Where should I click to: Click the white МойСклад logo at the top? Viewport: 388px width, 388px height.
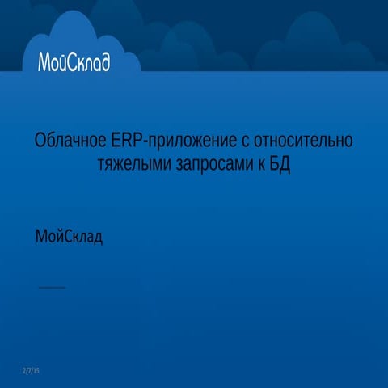click(74, 61)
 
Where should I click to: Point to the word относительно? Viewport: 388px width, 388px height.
click(303, 141)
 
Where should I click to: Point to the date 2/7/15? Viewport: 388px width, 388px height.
click(32, 370)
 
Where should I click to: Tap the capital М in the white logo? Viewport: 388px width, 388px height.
click(44, 61)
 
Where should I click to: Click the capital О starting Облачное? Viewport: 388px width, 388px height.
click(40, 141)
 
